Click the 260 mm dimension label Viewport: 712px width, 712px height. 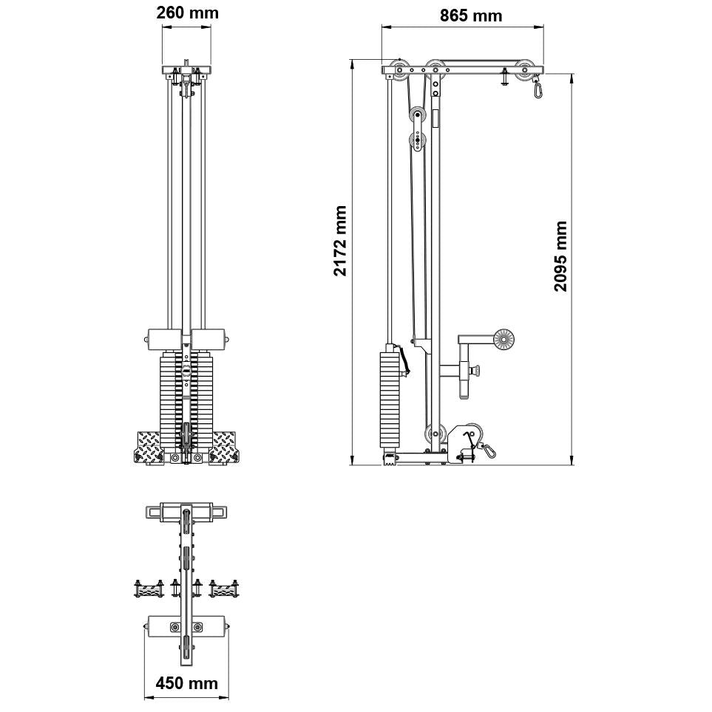coord(187,13)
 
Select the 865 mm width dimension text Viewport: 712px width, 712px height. coord(470,16)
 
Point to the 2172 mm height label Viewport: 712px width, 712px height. coord(340,241)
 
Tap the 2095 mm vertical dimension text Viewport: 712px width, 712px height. coord(561,256)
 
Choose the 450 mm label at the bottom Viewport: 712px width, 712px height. coord(186,683)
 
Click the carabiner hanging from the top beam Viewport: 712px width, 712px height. coord(538,89)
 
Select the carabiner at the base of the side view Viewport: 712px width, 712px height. coord(488,448)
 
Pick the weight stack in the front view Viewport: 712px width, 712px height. coord(186,403)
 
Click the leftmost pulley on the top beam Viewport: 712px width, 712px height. coord(400,72)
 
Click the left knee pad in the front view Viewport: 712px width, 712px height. coord(163,339)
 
